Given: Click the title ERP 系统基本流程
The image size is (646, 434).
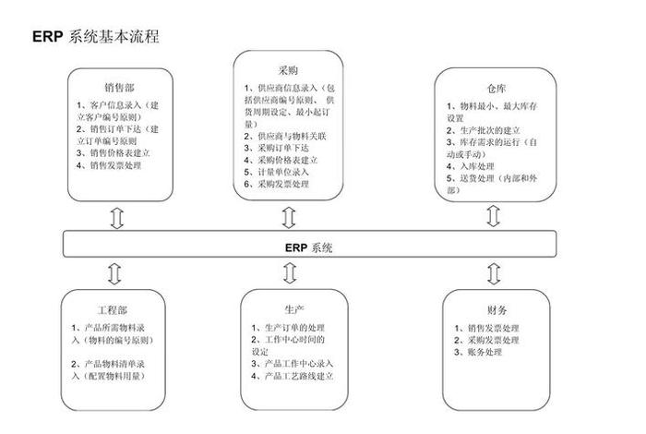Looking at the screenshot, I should point(95,36).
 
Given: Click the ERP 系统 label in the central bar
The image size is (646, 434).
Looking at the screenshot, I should point(309,247).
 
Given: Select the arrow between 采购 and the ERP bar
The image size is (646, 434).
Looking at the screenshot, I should point(288,217).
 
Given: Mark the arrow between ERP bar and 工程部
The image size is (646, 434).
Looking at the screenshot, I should point(115,273).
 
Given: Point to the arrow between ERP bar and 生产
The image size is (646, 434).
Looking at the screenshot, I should point(288,273).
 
